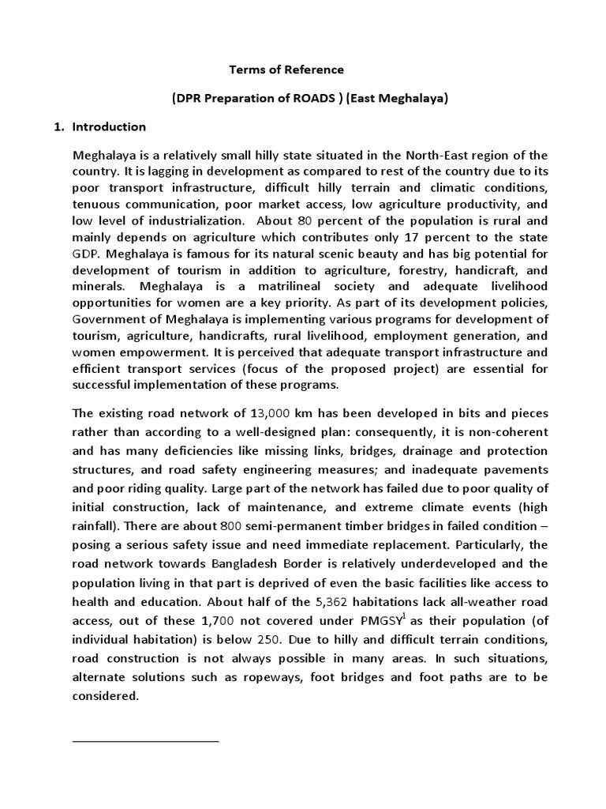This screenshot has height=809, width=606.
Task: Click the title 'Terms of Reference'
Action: [x=286, y=70]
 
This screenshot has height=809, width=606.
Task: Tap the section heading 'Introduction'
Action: [x=109, y=126]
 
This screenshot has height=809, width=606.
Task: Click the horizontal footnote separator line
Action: [x=145, y=742]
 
